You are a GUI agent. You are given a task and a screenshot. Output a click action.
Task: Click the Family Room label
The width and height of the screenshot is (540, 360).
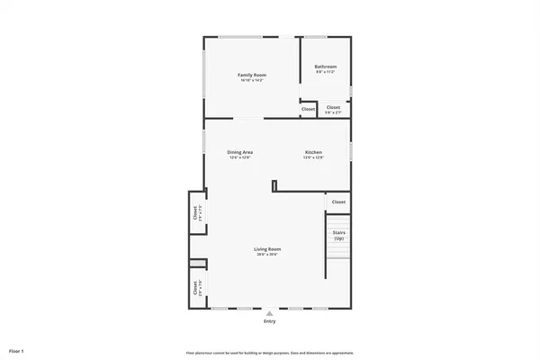tap(251, 74)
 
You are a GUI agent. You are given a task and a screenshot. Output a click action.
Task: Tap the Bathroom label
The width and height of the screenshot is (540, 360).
tap(325, 67)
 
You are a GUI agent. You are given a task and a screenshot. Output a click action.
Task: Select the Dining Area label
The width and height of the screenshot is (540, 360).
tap(239, 152)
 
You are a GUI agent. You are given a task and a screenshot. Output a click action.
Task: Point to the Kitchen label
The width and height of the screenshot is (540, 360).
tap(312, 152)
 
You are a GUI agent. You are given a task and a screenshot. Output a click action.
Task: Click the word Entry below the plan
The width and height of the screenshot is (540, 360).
tap(269, 321)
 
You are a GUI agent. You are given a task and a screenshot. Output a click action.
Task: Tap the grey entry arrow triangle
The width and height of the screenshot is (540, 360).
tap(269, 313)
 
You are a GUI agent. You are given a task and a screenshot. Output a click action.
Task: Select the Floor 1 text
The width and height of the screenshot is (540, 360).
tap(17, 349)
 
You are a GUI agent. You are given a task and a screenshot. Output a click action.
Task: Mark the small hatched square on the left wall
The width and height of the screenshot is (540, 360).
tap(197, 264)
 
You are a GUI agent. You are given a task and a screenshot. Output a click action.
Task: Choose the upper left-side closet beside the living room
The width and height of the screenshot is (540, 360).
tap(196, 213)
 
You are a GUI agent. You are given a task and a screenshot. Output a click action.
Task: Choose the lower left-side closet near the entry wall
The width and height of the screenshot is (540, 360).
tap(196, 288)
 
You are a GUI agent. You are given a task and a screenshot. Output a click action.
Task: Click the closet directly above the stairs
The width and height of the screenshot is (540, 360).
tap(337, 202)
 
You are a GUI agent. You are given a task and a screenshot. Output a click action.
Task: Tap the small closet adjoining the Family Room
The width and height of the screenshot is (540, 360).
tap(308, 109)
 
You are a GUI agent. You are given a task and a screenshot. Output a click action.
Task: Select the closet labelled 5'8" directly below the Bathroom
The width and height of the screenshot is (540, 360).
tap(333, 108)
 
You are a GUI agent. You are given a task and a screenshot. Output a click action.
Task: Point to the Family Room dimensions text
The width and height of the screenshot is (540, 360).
tap(251, 81)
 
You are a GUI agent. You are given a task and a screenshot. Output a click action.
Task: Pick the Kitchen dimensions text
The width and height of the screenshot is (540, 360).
tap(312, 158)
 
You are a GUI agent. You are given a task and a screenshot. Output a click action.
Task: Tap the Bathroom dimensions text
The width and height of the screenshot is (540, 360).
tap(325, 73)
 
